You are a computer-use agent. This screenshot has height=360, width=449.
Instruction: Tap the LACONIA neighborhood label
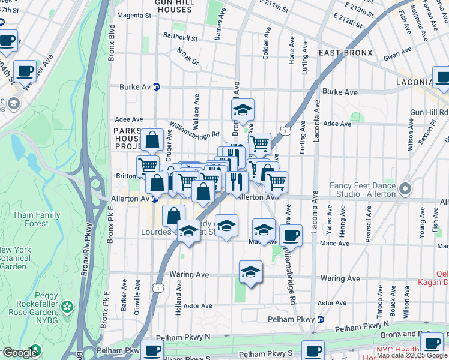[414, 82]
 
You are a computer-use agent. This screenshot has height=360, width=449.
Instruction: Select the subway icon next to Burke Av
[157, 87]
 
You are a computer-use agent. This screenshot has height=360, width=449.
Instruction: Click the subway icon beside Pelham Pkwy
[320, 319]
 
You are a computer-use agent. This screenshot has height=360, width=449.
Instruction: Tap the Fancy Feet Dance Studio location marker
[405, 189]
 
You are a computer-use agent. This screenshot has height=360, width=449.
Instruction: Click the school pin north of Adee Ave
[243, 110]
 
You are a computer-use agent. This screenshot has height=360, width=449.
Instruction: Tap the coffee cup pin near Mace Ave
[291, 235]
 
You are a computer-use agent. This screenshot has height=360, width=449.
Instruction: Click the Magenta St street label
[134, 15]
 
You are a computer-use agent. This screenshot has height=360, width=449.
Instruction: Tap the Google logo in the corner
[19, 353]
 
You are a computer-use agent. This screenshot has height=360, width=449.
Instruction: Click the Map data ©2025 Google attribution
[412, 355]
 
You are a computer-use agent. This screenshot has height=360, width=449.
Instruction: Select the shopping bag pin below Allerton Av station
[173, 216]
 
